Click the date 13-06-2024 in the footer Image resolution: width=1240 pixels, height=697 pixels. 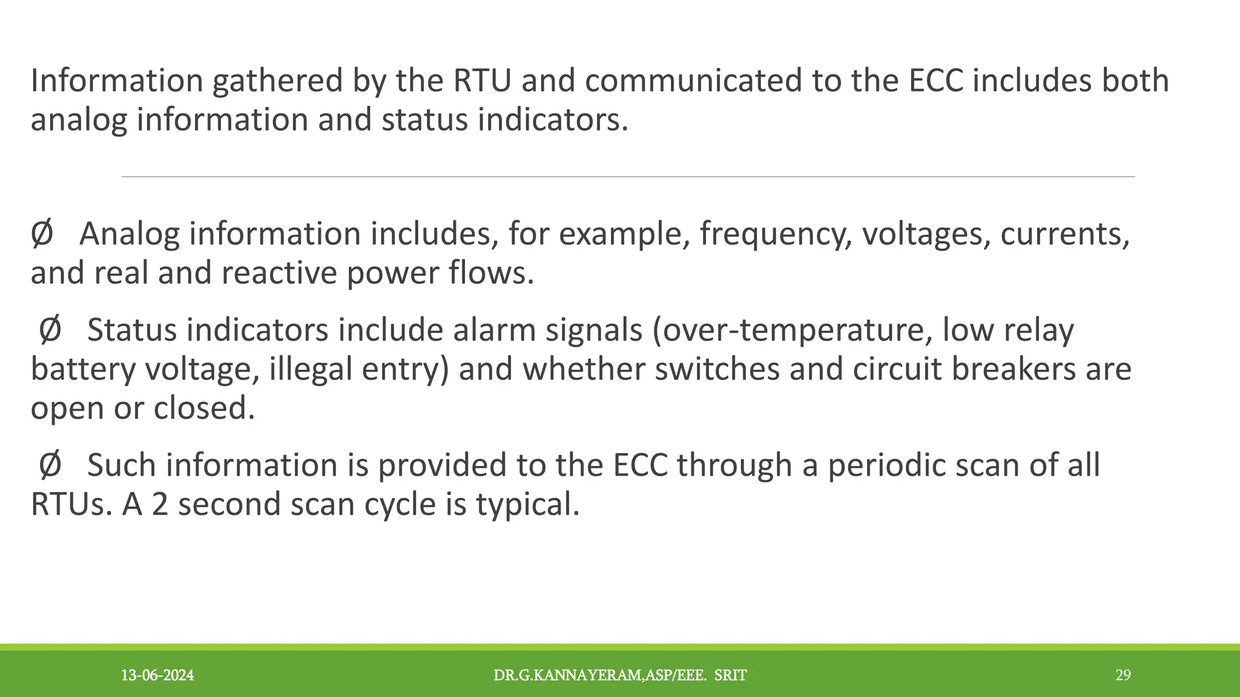[x=157, y=675]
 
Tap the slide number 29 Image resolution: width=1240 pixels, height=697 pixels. [x=1123, y=675]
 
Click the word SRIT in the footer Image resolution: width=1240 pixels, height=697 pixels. [x=730, y=675]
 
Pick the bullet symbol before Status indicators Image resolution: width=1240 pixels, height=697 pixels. [x=50, y=330]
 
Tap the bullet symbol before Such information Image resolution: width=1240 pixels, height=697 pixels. [x=50, y=465]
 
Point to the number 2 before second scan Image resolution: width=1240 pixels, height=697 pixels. [x=160, y=504]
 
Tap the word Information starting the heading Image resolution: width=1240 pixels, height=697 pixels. [x=116, y=80]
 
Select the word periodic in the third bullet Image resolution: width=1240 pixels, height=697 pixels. [x=886, y=465]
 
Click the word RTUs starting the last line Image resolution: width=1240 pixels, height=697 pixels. [x=71, y=504]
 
